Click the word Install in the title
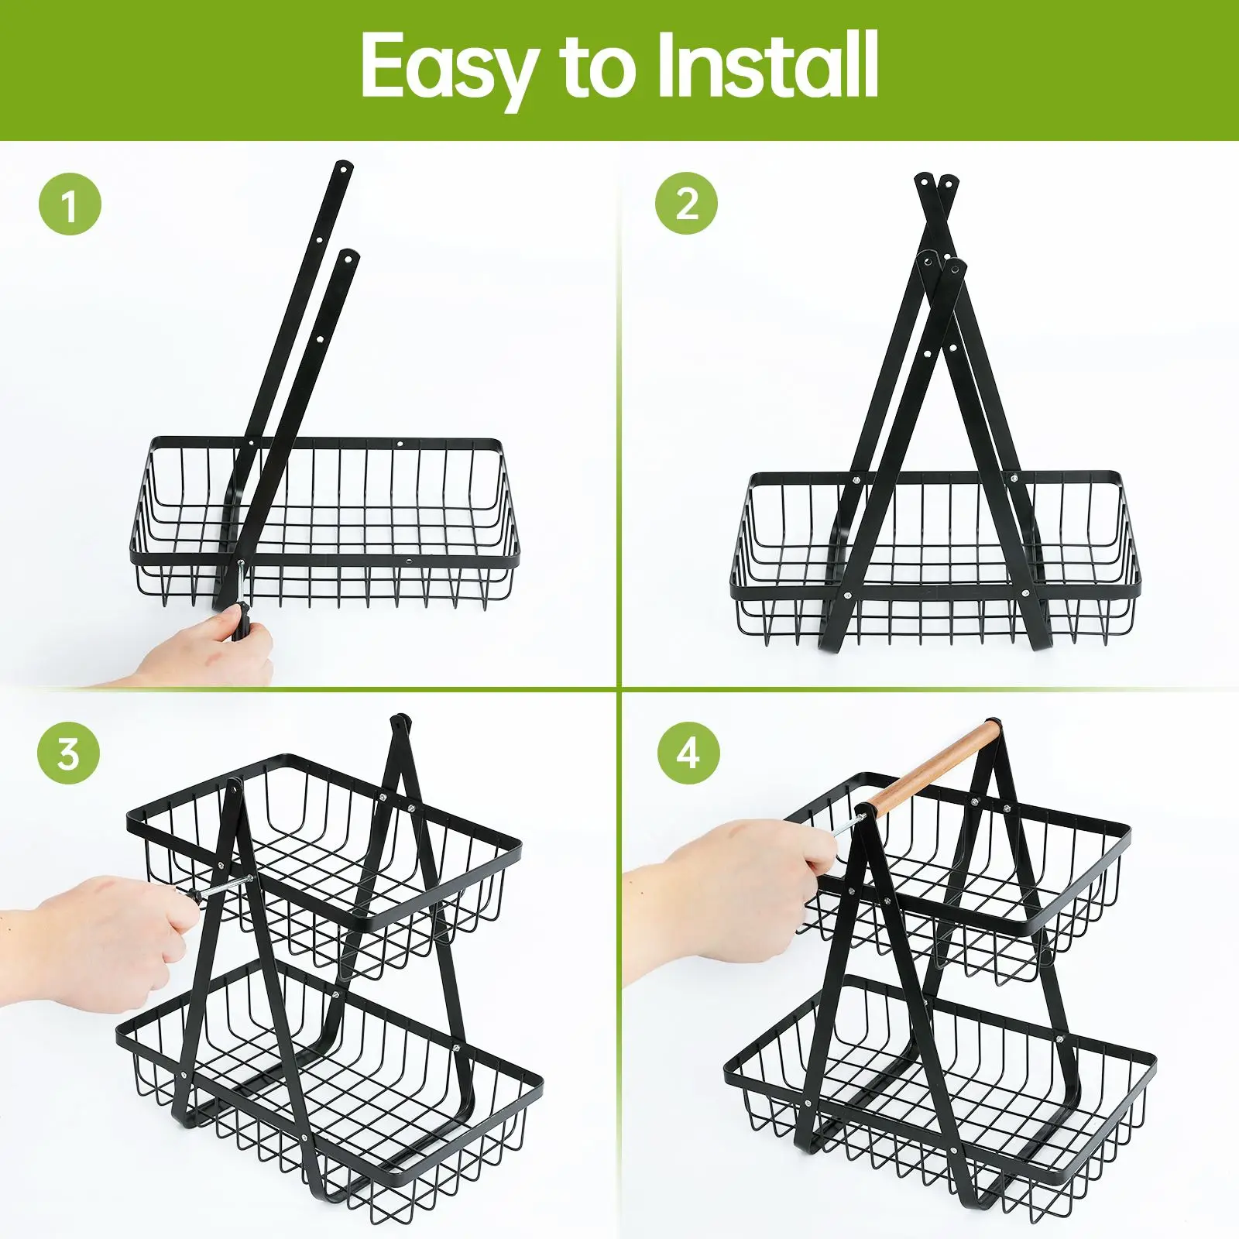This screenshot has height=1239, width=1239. [767, 65]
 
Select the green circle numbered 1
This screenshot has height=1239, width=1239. [70, 205]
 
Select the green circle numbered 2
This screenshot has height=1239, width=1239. [686, 204]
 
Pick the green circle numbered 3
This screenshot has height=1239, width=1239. [69, 753]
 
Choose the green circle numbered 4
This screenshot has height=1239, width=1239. [688, 753]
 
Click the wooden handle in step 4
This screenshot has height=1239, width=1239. [933, 767]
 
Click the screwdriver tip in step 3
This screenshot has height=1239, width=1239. [251, 880]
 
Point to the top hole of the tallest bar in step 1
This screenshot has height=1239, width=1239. [342, 167]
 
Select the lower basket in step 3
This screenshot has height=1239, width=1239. [329, 1084]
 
